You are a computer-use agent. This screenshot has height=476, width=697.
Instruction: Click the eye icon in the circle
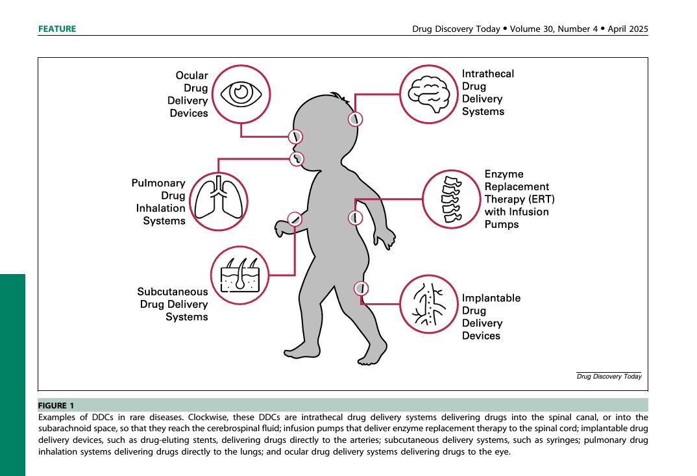tap(241, 93)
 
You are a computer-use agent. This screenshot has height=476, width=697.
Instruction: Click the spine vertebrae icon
tap(451, 199)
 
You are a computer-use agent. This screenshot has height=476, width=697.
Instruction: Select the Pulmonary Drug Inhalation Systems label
tap(160, 202)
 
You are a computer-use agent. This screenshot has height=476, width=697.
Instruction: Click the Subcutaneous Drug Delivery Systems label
tap(172, 304)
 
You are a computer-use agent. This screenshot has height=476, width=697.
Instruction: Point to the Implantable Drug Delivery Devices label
tap(491, 317)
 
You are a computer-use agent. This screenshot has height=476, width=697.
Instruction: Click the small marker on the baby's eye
tap(295, 136)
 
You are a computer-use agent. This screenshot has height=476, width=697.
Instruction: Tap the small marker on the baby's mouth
tap(297, 157)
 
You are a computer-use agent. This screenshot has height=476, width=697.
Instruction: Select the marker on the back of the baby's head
tap(355, 119)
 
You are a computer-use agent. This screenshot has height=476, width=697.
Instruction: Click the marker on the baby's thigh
tap(361, 288)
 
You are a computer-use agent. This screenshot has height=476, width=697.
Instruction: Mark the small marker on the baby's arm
tap(295, 219)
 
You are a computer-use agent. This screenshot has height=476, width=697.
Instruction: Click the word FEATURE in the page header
tap(57, 29)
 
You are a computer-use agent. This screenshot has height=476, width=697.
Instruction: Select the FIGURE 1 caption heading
tap(56, 405)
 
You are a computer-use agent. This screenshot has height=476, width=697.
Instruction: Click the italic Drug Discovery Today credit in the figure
tap(609, 377)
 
